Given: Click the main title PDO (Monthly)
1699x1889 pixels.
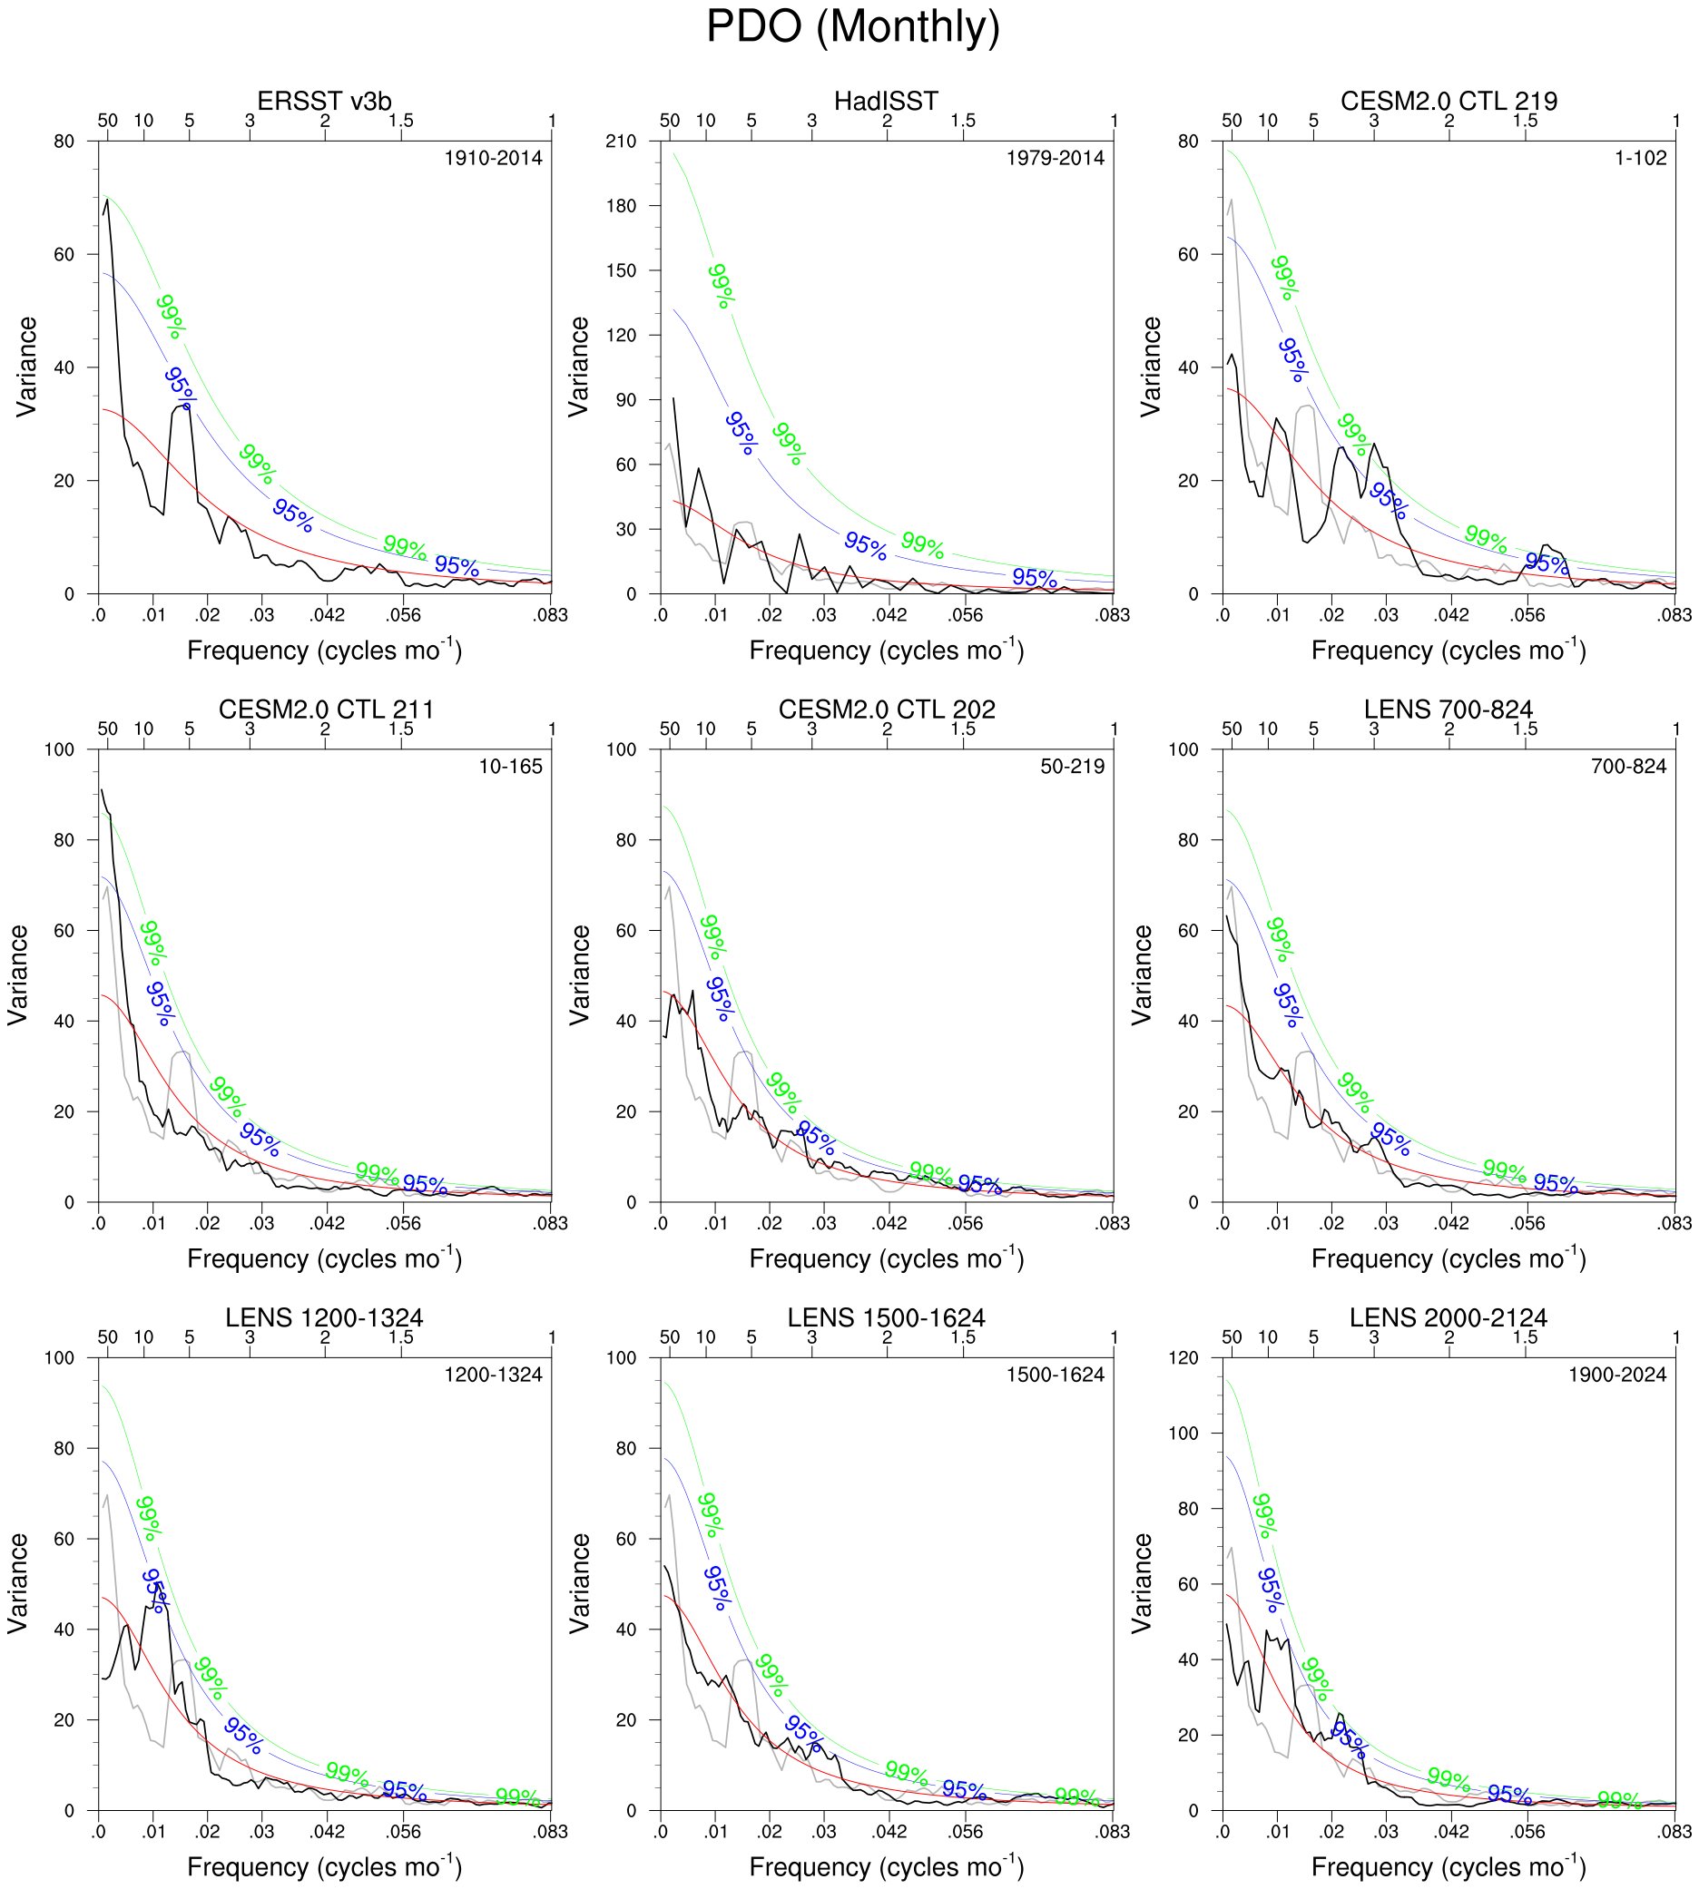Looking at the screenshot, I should point(852,26).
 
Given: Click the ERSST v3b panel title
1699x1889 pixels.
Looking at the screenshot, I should point(324,101).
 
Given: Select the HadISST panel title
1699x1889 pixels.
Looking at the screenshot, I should point(886,101).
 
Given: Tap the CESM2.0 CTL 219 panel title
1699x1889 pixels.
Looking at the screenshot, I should point(1448,101).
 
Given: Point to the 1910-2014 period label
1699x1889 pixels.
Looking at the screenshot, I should point(493,158).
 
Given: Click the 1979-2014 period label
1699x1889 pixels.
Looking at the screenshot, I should point(1055,158).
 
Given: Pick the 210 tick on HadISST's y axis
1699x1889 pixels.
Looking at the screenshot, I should point(621,141).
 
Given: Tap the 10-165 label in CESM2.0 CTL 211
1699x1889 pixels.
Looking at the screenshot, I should point(511,767).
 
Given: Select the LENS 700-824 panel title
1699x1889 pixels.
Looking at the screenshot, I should point(1448,710).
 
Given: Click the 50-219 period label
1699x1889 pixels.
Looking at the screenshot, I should point(1073,767).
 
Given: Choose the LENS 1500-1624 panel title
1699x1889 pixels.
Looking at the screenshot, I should point(886,1317).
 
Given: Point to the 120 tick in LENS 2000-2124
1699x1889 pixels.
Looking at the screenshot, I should point(1183,1358).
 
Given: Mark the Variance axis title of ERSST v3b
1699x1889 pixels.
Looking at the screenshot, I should point(27,367).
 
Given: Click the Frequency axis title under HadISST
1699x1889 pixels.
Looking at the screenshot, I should point(886,651).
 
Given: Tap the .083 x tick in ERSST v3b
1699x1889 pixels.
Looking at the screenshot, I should point(551,615).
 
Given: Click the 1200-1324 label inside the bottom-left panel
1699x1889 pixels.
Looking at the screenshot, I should point(493,1375).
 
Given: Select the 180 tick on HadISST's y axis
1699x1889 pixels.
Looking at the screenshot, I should point(621,205).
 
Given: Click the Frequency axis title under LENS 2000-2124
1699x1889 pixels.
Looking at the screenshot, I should point(1448,1866).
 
